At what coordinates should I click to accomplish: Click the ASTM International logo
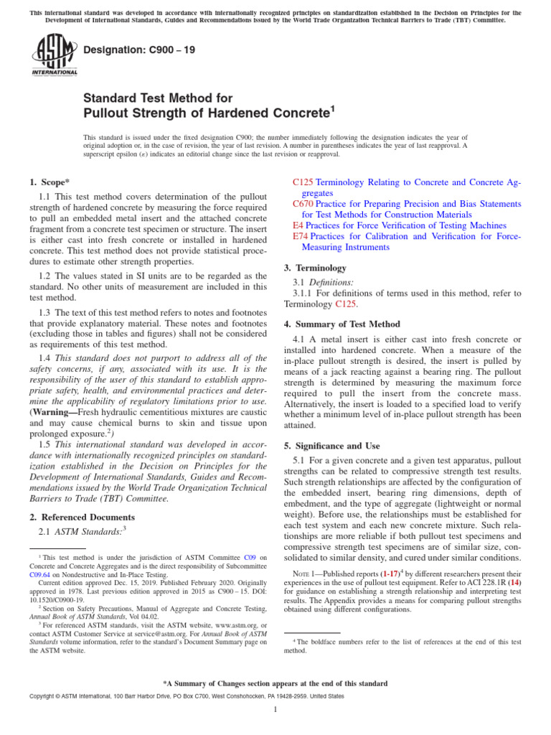coord(55,55)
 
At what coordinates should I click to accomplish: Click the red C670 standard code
coord(303,204)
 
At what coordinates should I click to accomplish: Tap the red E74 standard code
coord(301,236)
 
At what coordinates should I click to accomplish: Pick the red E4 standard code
coord(298,225)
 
